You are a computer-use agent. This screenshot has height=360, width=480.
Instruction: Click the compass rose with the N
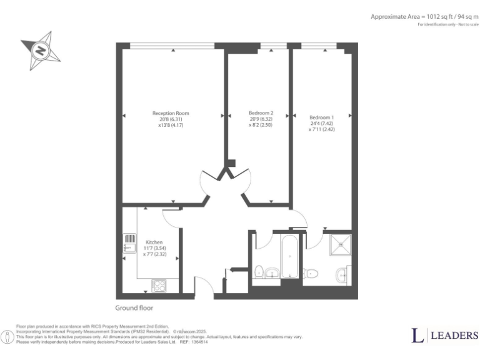click(41, 51)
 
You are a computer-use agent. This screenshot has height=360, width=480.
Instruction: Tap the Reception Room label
click(171, 113)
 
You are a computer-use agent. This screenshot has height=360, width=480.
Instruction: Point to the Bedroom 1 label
click(321, 117)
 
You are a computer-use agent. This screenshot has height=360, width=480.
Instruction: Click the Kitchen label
click(154, 242)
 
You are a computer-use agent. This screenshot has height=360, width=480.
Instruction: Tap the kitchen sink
click(129, 247)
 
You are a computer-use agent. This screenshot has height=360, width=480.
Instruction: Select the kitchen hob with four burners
click(159, 286)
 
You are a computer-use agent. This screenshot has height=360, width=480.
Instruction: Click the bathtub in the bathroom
click(290, 257)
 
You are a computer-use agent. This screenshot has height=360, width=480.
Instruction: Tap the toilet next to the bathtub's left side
click(258, 271)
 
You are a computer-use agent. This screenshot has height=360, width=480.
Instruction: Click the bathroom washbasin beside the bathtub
click(272, 272)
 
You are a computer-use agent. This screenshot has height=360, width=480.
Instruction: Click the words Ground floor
click(134, 308)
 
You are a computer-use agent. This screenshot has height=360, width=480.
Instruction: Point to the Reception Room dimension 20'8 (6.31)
click(171, 119)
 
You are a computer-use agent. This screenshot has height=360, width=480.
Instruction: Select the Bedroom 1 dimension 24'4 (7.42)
click(321, 123)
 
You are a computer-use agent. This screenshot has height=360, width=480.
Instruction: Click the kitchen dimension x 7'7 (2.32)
click(154, 254)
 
